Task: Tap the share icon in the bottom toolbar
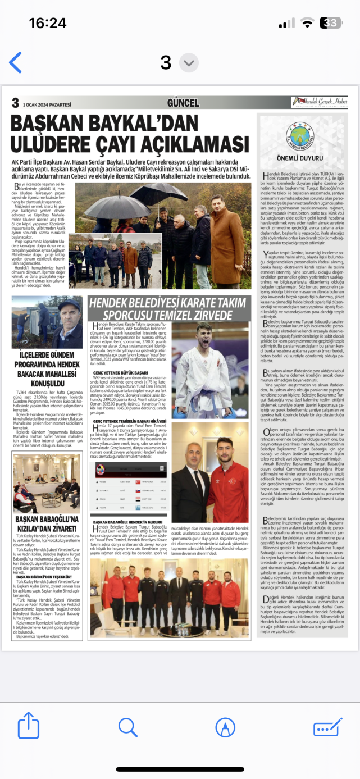[x=29, y=728]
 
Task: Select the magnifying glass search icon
[x=127, y=727]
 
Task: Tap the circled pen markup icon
[x=225, y=728]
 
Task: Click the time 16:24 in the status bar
[x=48, y=23]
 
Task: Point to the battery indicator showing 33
[x=332, y=23]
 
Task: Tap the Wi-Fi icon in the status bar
[x=307, y=23]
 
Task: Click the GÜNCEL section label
[x=183, y=103]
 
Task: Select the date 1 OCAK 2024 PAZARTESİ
[x=47, y=104]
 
